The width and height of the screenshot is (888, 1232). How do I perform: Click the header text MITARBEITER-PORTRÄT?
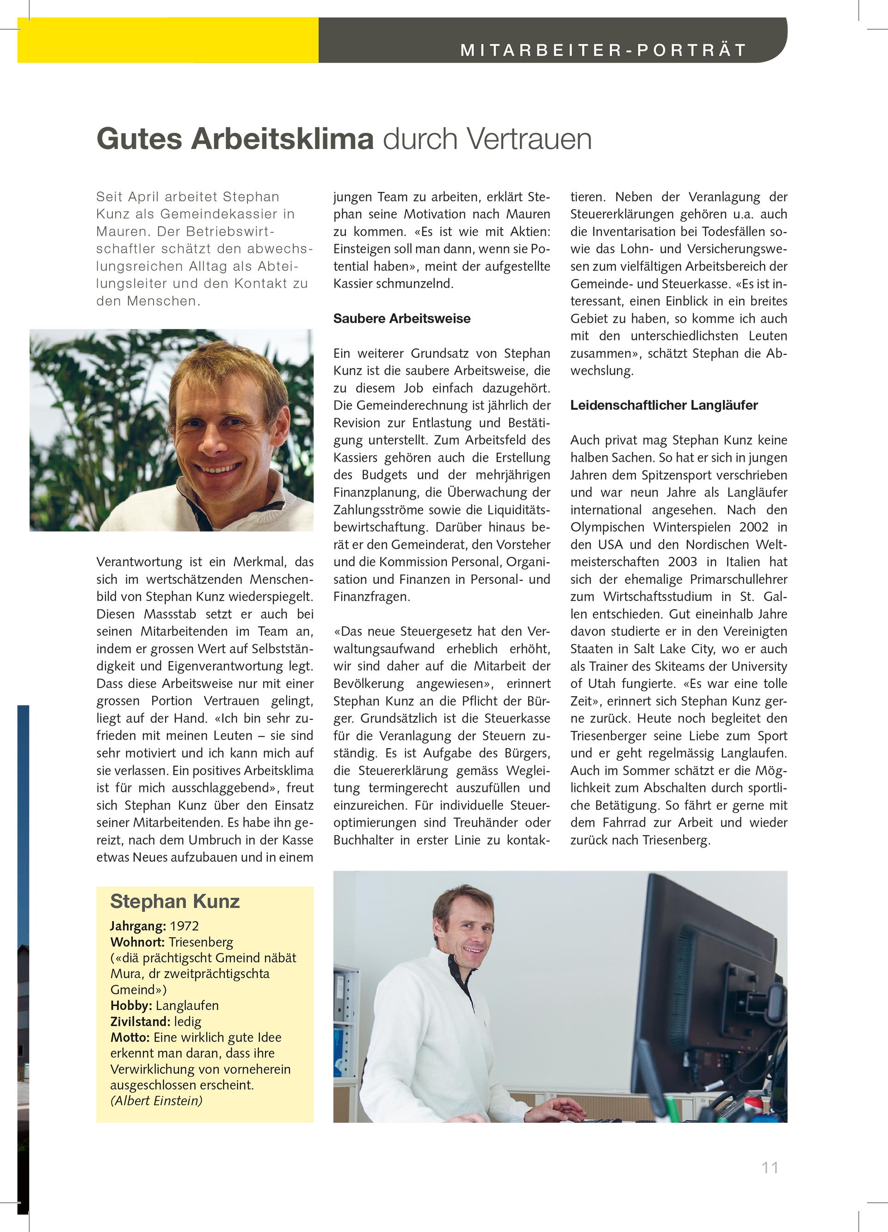603,50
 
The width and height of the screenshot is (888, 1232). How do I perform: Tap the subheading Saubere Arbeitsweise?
402,319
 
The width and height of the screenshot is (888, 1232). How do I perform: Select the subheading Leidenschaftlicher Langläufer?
664,405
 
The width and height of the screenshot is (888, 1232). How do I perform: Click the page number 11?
770,1167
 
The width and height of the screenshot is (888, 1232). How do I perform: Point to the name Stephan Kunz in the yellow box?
175,902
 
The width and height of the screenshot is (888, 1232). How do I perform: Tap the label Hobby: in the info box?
131,1005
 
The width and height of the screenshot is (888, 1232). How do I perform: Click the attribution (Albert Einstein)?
156,1101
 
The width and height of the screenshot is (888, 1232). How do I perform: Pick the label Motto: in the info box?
130,1038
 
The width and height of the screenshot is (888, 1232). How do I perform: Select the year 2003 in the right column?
682,562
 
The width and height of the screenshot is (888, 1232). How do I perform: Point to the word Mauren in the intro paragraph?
120,232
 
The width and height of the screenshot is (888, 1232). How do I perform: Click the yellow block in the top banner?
168,40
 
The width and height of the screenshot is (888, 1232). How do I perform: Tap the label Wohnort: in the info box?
137,942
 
